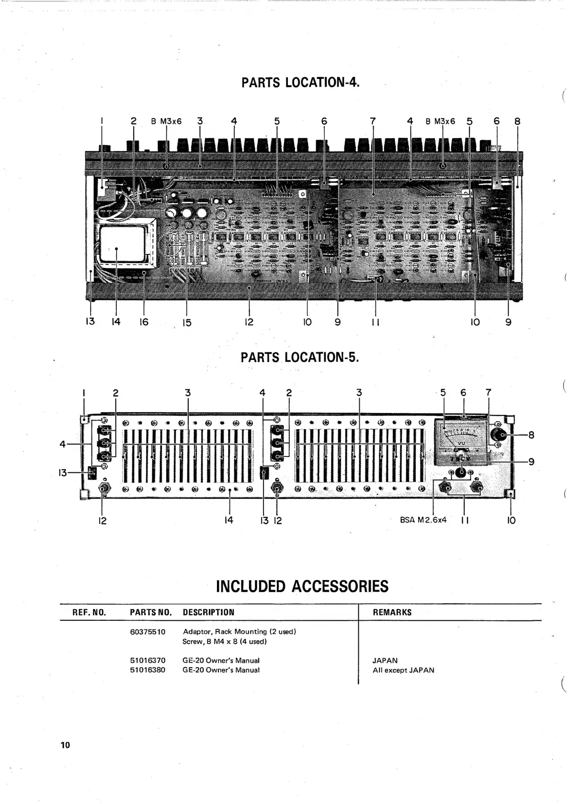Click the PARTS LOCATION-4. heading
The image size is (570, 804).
coord(300,83)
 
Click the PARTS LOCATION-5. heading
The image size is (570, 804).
coord(299,357)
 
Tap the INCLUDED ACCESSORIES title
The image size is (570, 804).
coord(302,586)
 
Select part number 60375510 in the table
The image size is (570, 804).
coord(148,632)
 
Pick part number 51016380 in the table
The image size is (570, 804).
coord(148,670)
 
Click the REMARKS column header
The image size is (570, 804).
coord(392,612)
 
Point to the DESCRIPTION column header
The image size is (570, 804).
coord(208,612)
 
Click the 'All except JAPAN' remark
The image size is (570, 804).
coord(403,670)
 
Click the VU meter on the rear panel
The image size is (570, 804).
coord(461,440)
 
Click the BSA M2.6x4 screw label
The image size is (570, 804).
coord(423,520)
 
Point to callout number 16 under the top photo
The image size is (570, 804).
coord(144,322)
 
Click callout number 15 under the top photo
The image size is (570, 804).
coord(187,323)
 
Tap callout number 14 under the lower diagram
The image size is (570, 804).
coord(229,520)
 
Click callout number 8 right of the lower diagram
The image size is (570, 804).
coord(531,435)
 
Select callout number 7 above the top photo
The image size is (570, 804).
coord(373,122)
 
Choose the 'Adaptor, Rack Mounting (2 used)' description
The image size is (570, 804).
coord(239,632)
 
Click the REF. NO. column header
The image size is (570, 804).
coord(89,612)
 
